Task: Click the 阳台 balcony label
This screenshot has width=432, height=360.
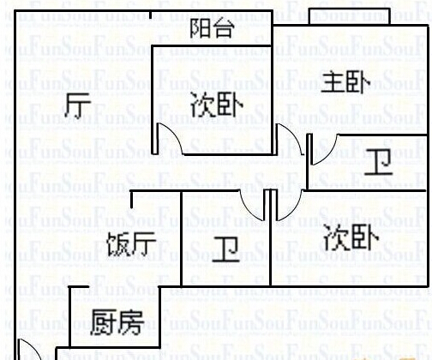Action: pyautogui.click(x=213, y=28)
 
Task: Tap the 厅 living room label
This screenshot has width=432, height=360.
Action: pyautogui.click(x=78, y=105)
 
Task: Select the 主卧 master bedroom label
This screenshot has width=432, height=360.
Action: pyautogui.click(x=345, y=82)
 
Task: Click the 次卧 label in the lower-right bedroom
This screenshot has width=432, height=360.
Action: pyautogui.click(x=351, y=237)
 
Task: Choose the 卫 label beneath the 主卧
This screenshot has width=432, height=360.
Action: pyautogui.click(x=378, y=162)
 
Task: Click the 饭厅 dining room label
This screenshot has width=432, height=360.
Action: pyautogui.click(x=131, y=244)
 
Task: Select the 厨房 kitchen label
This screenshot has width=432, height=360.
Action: pyautogui.click(x=117, y=322)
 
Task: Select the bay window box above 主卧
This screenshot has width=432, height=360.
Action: pyautogui.click(x=350, y=16)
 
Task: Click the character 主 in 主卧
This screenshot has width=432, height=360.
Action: pyautogui.click(x=333, y=82)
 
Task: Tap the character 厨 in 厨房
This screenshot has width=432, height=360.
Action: pyautogui.click(x=103, y=322)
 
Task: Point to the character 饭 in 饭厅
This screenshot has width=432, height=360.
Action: pyautogui.click(x=118, y=244)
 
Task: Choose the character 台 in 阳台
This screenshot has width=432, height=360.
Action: pyautogui.click(x=224, y=28)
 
